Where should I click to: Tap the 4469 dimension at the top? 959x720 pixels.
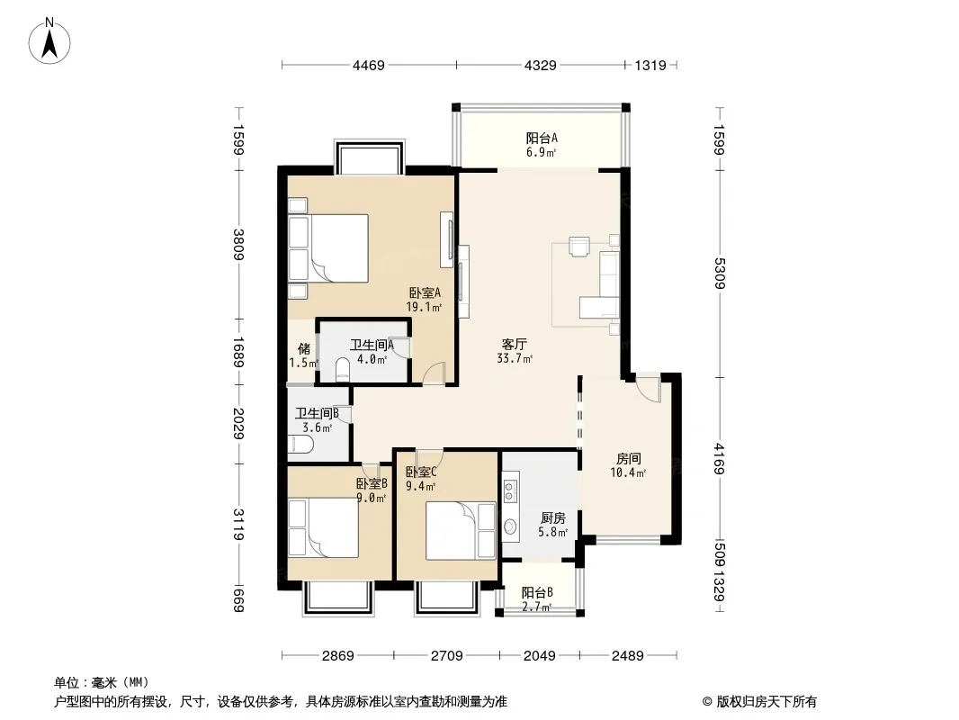coord(369,65)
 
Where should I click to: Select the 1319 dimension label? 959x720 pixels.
coord(650,65)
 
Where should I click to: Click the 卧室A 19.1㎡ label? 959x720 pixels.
coord(425,300)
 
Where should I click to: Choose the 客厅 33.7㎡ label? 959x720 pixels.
coord(515,351)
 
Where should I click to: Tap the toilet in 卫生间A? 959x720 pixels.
coord(343,369)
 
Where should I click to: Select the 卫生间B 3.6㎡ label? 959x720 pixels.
coord(317,420)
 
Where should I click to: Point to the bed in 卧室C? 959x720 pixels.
coord(461,531)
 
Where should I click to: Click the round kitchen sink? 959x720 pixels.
coord(509,526)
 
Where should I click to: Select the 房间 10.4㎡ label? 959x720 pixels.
coord(628,465)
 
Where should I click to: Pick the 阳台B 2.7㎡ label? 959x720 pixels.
coord(538,599)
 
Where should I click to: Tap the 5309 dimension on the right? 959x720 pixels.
coord(720,274)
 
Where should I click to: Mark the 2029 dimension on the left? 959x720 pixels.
coord(238,423)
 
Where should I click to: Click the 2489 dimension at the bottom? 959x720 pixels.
coord(628,656)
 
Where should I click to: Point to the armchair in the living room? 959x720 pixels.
coord(578,246)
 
